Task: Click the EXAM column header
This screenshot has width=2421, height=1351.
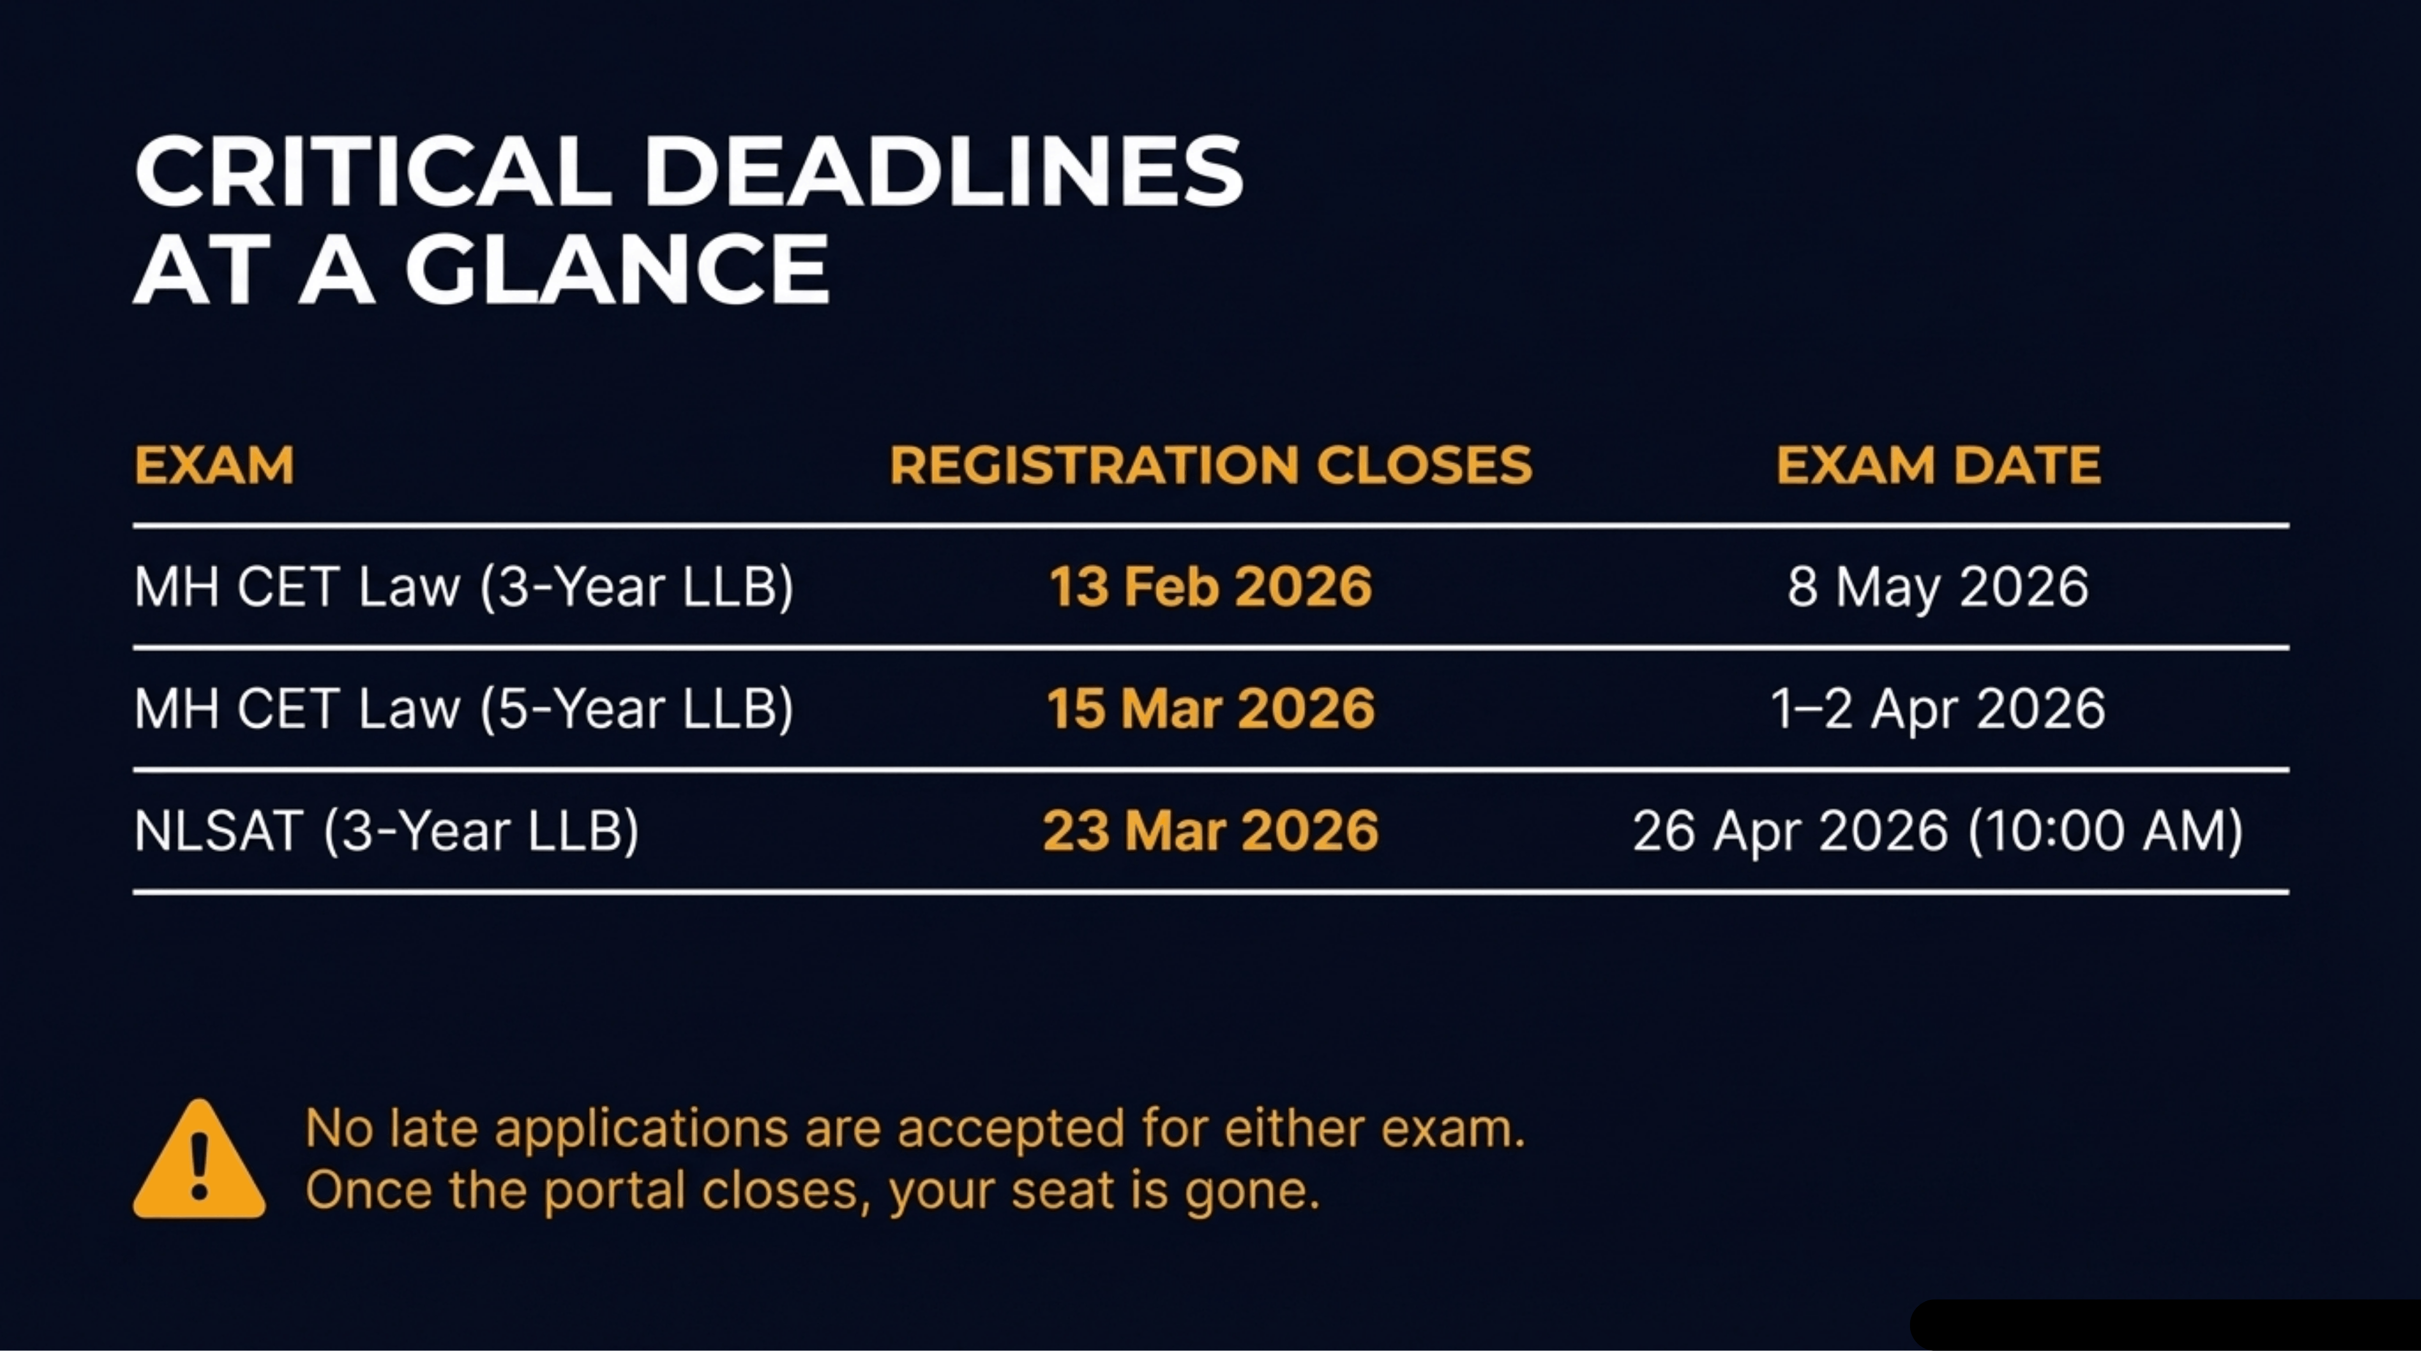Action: pos(214,465)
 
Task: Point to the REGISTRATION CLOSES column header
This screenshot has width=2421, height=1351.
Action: pos(1211,465)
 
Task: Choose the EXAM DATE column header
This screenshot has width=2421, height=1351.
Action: pos(1938,465)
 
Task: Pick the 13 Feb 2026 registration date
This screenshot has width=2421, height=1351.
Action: pos(1211,587)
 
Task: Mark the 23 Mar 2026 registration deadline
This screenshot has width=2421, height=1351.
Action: pos(1211,831)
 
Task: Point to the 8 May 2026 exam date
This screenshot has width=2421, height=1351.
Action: pos(1938,587)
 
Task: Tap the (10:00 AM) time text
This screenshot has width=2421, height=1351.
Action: pos(2105,831)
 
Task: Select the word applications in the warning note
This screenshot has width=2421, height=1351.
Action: pos(641,1129)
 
